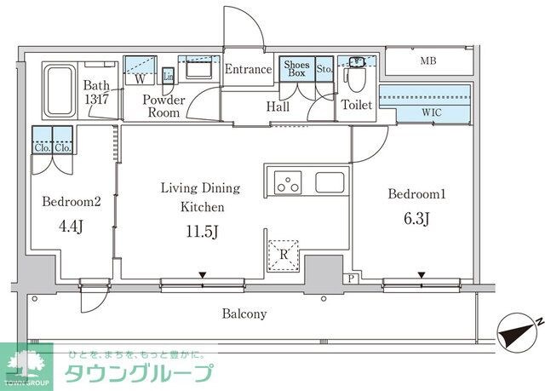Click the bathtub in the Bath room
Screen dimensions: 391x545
(x=59, y=90)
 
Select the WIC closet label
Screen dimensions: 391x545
(x=430, y=112)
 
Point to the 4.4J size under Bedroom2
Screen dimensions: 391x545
(x=72, y=227)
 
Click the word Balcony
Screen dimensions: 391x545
(x=244, y=313)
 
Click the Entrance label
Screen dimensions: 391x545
(x=248, y=70)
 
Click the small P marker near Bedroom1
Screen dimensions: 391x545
(x=352, y=279)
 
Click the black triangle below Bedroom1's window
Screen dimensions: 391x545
(x=422, y=275)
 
